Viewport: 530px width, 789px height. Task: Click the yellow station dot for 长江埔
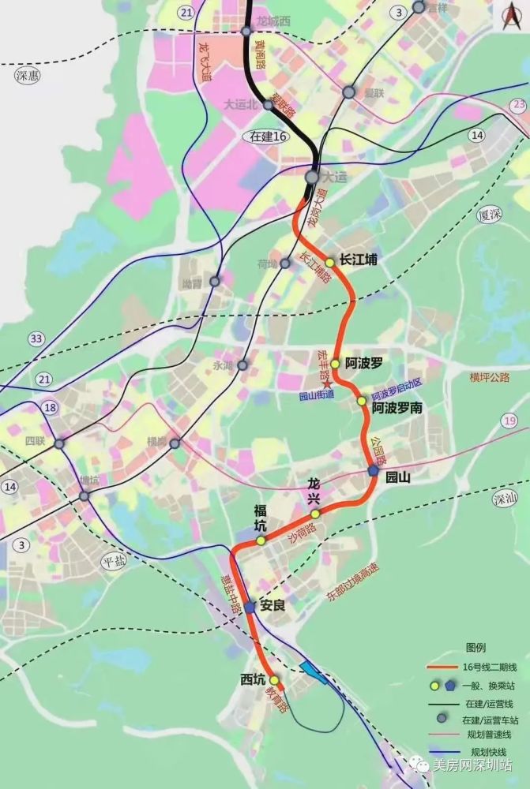[329, 262]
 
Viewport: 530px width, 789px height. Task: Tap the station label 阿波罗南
[397, 408]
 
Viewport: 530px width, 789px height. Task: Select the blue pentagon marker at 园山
[373, 471]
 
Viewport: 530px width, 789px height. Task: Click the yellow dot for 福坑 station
[261, 540]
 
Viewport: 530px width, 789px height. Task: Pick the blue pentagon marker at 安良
[250, 607]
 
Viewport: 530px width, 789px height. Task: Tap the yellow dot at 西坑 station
[274, 680]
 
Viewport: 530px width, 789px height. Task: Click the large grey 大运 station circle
[313, 178]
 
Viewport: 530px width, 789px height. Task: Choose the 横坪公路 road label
[490, 377]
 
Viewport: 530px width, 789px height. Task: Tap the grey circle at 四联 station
[59, 445]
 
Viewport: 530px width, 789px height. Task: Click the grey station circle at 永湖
[242, 365]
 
